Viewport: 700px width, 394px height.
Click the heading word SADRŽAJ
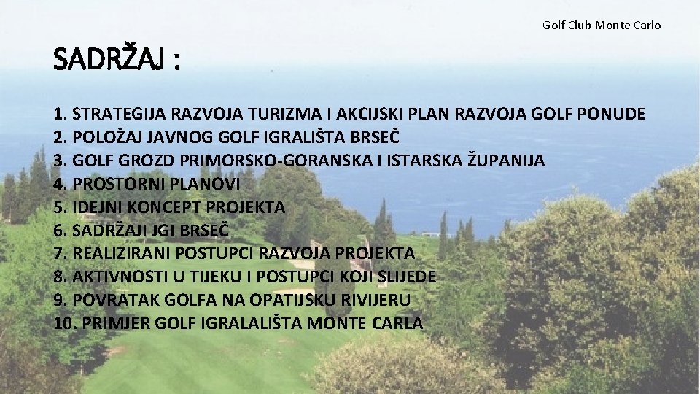(x=109, y=61)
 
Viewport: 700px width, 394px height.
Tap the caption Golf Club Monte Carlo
(x=602, y=25)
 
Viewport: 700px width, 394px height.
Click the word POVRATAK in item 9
(x=109, y=301)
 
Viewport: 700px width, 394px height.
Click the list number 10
(x=63, y=323)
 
